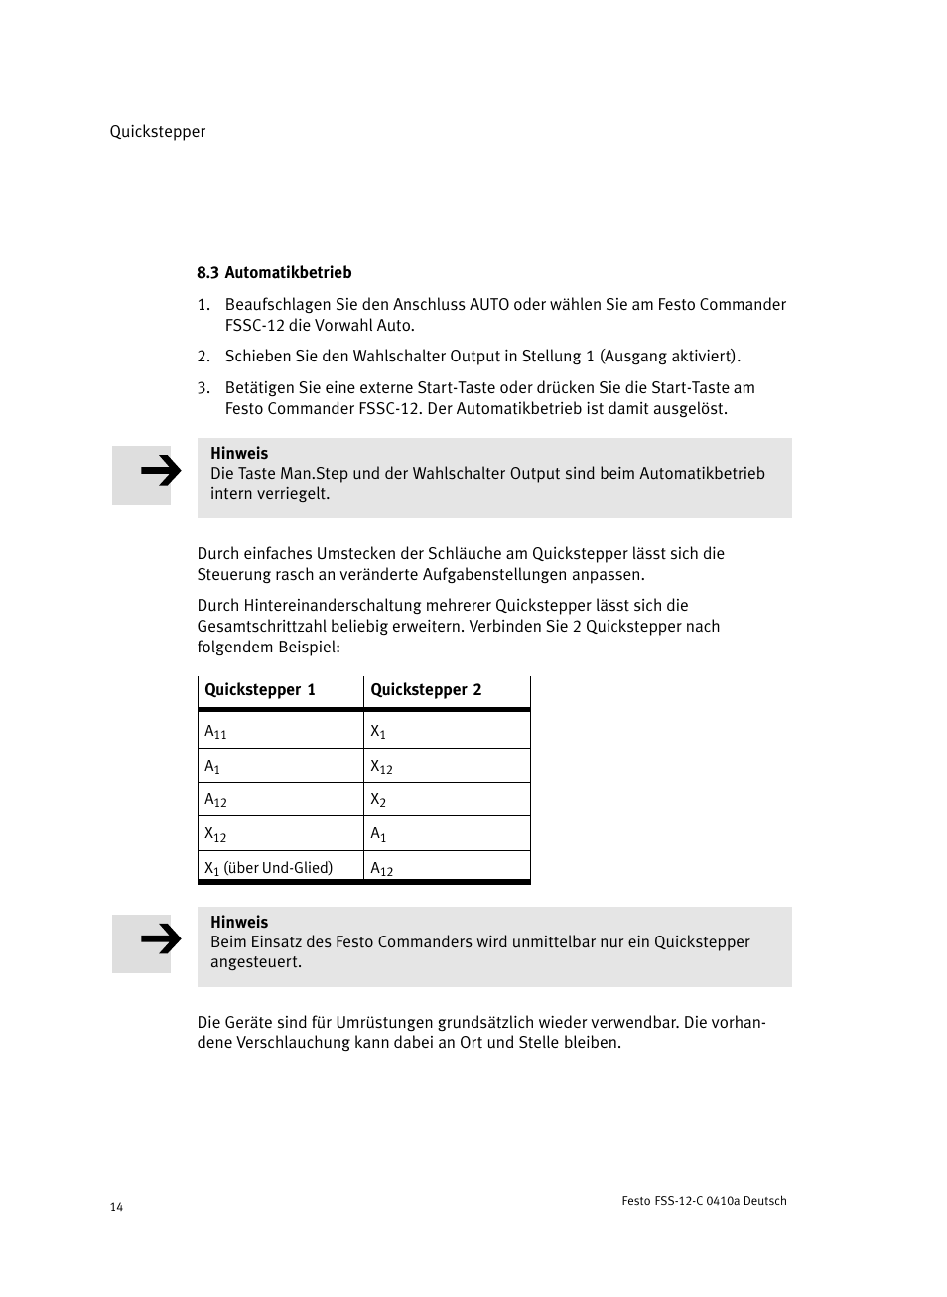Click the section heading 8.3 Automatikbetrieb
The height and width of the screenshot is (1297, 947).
[x=274, y=273]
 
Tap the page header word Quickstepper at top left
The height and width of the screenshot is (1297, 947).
[x=158, y=132]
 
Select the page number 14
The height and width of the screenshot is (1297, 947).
[x=116, y=1207]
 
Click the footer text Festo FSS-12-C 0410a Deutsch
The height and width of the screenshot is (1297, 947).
[x=704, y=1201]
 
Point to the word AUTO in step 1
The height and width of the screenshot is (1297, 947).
[x=489, y=305]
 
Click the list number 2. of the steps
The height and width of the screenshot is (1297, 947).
[x=203, y=357]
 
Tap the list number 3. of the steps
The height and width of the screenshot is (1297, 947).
[x=203, y=388]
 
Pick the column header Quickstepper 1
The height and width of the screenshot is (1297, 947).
[x=260, y=690]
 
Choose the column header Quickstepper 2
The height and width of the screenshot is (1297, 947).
[x=426, y=690]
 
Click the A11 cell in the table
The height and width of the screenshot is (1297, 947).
[x=215, y=732]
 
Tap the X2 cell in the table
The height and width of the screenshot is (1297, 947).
[x=378, y=800]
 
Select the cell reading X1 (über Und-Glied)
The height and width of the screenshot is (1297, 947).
[x=268, y=868]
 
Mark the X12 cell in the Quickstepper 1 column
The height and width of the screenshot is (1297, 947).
[x=215, y=835]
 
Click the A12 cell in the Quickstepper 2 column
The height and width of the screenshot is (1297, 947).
[x=381, y=869]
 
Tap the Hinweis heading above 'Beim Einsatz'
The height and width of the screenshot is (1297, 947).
[x=239, y=923]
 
